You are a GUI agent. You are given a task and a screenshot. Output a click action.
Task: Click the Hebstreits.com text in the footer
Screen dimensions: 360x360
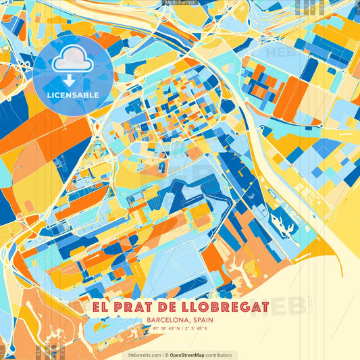pyautogui.click(x=142, y=355)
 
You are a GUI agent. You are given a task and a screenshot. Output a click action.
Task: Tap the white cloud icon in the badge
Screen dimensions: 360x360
pyautogui.click(x=72, y=61)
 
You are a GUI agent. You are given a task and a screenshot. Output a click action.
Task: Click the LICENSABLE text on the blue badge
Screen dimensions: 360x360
pyautogui.click(x=73, y=95)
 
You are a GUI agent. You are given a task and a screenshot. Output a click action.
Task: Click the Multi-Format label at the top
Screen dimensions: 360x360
pyautogui.click(x=179, y=3)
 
